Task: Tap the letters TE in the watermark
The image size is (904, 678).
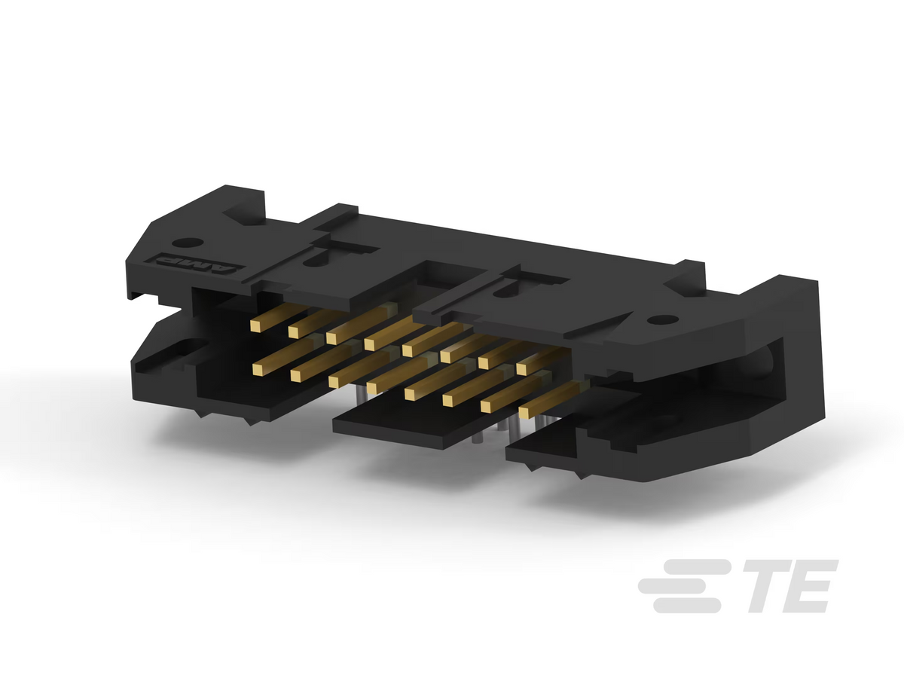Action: pyautogui.click(x=790, y=586)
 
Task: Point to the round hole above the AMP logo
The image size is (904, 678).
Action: pyautogui.click(x=188, y=243)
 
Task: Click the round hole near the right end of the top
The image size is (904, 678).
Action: pyautogui.click(x=662, y=319)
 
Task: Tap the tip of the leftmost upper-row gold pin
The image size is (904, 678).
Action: pyautogui.click(x=255, y=326)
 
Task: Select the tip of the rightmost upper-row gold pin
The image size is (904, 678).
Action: pyautogui.click(x=521, y=369)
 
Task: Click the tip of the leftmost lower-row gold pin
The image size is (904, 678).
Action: pyautogui.click(x=258, y=370)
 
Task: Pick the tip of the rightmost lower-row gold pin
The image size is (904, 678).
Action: pyautogui.click(x=524, y=413)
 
